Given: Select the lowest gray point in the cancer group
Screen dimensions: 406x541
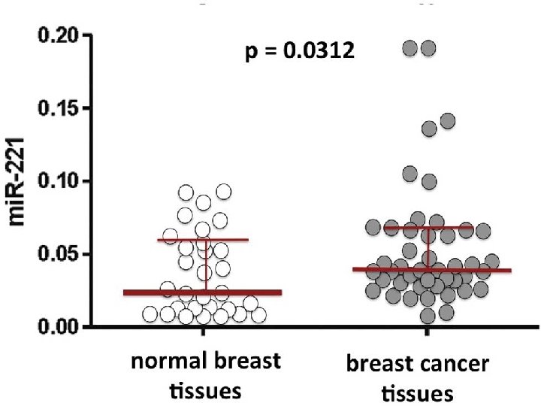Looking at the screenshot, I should tap(428, 316).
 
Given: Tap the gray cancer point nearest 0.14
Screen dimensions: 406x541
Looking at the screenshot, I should tap(447, 120).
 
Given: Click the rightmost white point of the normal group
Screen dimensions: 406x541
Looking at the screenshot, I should tap(258, 315).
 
